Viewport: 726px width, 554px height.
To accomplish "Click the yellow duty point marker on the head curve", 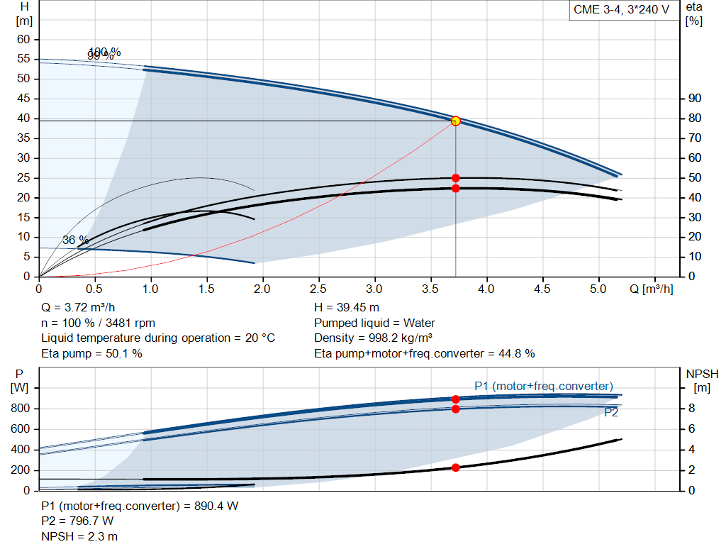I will point(456,121).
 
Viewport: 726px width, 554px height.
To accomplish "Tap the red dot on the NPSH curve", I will point(456,467).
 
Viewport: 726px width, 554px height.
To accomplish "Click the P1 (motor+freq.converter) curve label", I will point(543,386).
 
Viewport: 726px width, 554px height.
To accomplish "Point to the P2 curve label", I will point(610,412).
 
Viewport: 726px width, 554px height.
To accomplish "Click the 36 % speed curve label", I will point(75,240).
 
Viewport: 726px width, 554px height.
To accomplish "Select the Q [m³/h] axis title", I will point(650,289).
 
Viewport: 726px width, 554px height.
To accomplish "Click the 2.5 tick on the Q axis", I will point(318,289).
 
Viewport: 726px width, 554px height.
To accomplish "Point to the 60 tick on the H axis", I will point(23,40).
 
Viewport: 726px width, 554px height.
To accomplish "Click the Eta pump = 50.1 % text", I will point(91,353).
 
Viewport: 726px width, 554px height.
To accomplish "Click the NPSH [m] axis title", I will point(703,380).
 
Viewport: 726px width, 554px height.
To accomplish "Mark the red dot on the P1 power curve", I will point(456,399).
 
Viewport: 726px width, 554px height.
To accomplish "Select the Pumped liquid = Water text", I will point(374,323).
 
